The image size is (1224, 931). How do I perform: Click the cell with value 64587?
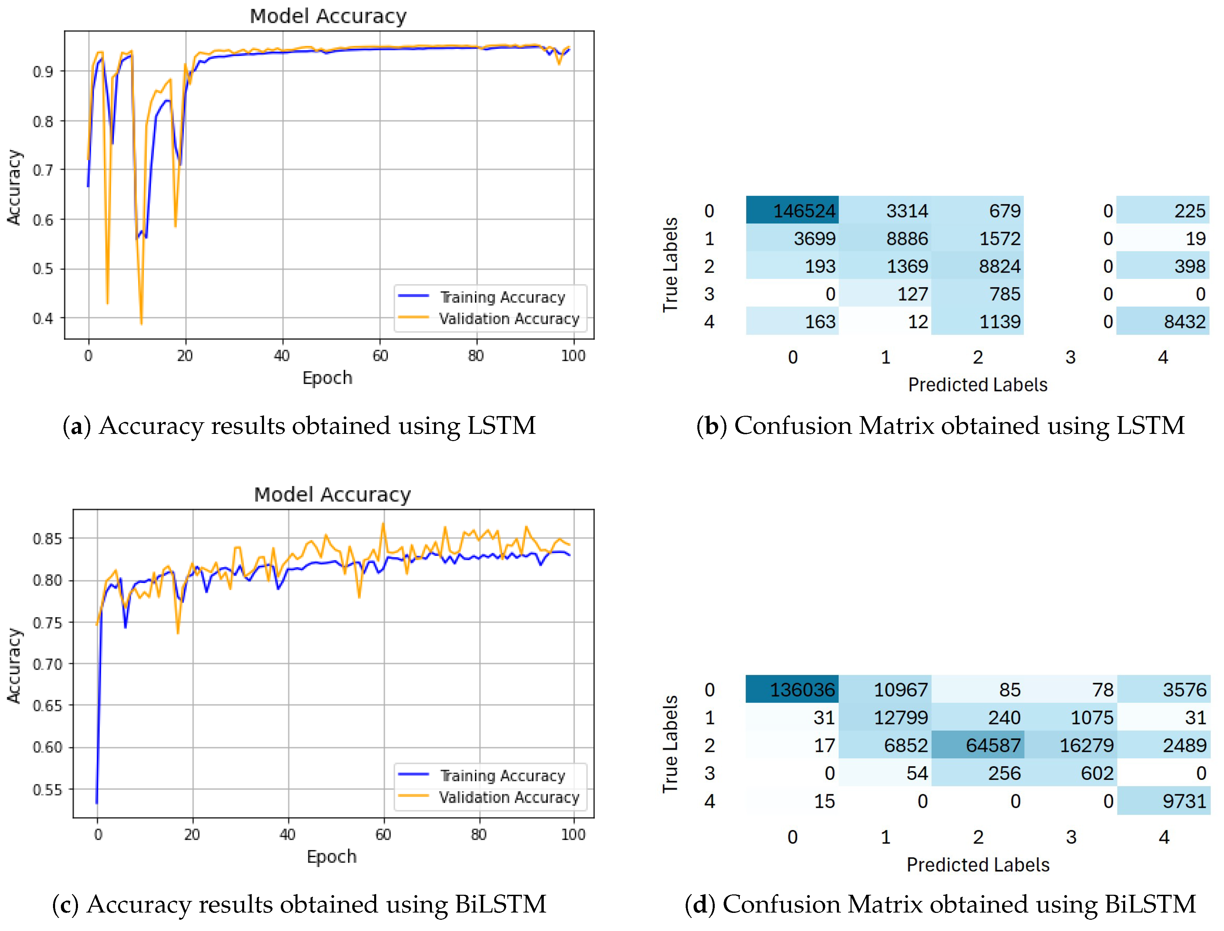coord(977,745)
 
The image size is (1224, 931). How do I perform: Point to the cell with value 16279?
coord(1070,745)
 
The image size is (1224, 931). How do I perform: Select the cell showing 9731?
coord(1163,801)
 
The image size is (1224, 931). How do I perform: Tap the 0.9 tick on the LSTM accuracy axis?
coord(43,71)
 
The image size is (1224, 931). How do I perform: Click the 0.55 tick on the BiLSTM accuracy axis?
coord(47,789)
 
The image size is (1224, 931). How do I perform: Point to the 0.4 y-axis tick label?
coord(43,319)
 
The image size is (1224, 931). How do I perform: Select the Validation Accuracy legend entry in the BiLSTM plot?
coord(508,797)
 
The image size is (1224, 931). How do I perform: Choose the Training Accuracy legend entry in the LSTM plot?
coord(502,297)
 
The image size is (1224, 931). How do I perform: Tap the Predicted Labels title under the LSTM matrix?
coord(977,385)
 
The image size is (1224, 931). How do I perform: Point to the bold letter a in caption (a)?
coord(77,426)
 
